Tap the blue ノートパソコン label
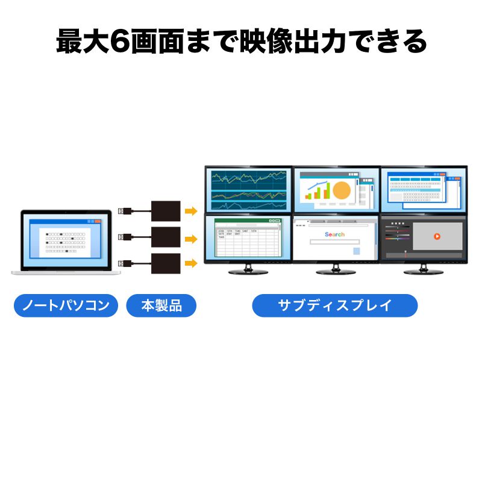[65, 305]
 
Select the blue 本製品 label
[161, 305]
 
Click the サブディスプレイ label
[334, 305]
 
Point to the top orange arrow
[191, 211]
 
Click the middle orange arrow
[191, 239]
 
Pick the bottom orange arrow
[191, 263]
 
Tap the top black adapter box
[165, 211]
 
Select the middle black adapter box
[165, 237]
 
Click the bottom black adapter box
[165, 264]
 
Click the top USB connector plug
[123, 210]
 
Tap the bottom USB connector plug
[123, 263]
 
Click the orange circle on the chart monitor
[342, 190]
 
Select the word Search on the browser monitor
[334, 234]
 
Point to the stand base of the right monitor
[423, 272]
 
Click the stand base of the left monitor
[248, 272]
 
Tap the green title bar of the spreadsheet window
[248, 221]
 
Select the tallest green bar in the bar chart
[328, 190]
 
